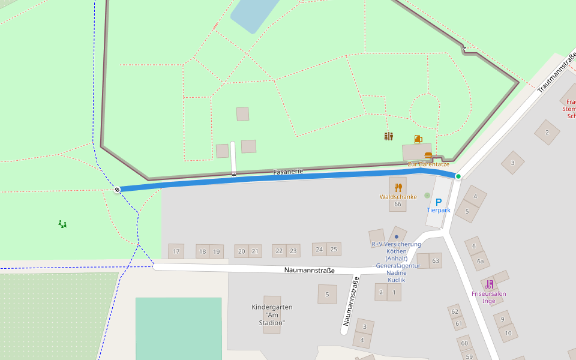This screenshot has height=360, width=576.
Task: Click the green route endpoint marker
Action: tap(458, 176)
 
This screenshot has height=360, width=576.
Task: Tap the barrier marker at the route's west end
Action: tap(117, 190)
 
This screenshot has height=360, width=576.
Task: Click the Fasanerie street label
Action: tap(288, 172)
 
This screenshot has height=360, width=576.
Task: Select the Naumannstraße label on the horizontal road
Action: tap(309, 271)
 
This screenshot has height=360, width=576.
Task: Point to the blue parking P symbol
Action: tap(439, 202)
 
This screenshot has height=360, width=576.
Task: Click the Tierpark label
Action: tap(439, 211)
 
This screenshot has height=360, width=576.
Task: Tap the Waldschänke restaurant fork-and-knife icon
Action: tap(398, 187)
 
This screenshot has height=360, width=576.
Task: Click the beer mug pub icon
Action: tap(418, 139)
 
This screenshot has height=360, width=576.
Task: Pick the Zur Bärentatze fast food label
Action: tap(428, 164)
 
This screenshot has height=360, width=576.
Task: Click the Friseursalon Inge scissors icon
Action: tap(489, 284)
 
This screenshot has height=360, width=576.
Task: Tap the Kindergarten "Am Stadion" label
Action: tap(272, 314)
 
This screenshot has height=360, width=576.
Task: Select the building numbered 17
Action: tap(176, 251)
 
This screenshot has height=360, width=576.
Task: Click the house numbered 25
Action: tap(334, 249)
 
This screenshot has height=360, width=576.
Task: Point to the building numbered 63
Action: tap(436, 260)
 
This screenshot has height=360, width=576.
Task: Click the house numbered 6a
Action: tap(480, 261)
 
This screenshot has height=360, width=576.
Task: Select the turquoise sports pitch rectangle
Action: tap(178, 329)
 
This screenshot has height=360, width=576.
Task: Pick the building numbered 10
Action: tap(508, 332)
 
